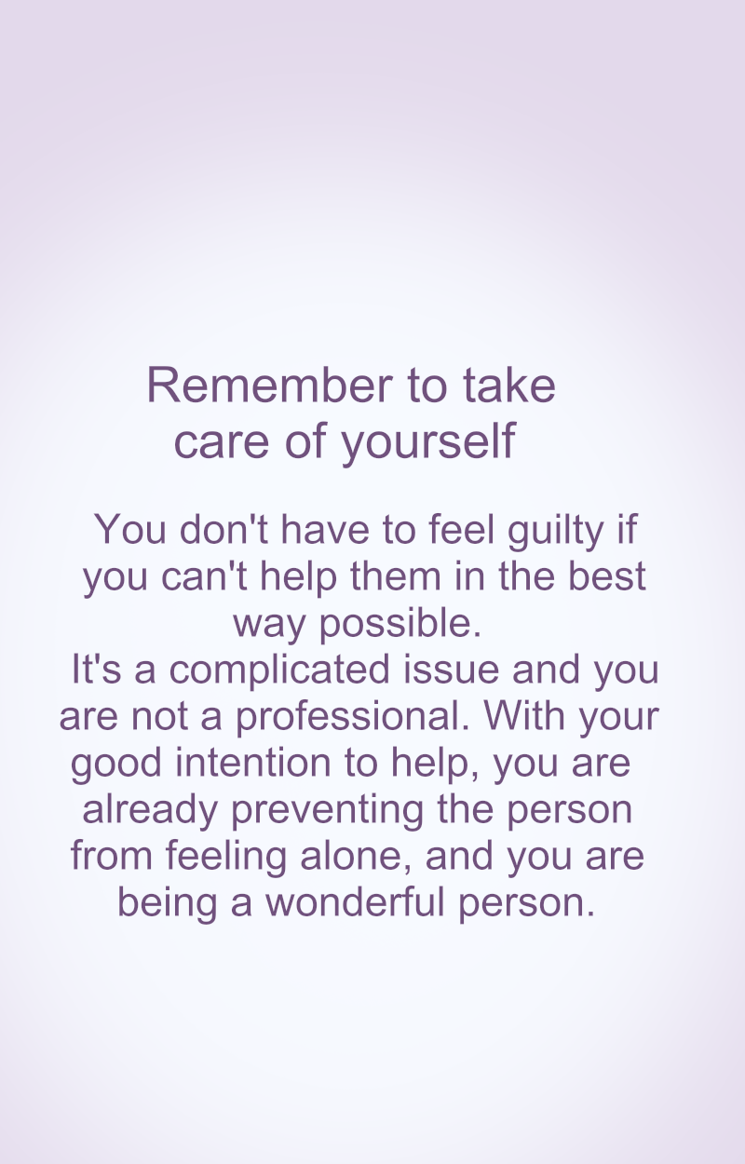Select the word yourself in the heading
tap(427, 443)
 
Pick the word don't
tap(223, 530)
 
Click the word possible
tap(400, 624)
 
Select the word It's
tap(96, 669)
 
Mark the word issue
tap(451, 670)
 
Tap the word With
tap(524, 715)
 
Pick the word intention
tap(253, 763)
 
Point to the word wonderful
tap(356, 902)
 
